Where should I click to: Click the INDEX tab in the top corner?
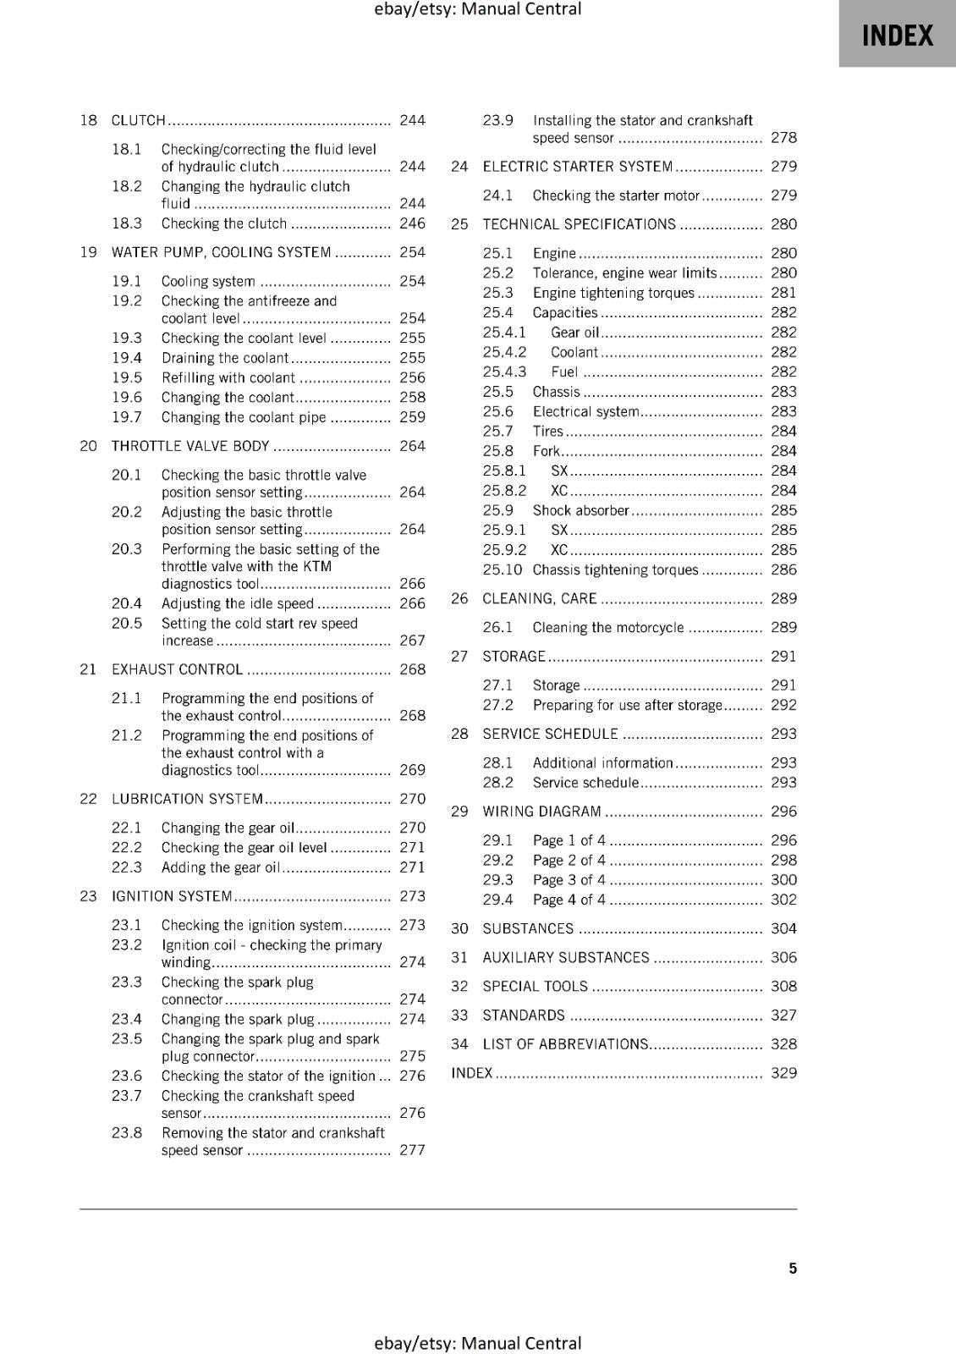(x=897, y=36)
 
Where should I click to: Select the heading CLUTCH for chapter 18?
(x=139, y=120)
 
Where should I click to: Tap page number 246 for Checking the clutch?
(x=412, y=223)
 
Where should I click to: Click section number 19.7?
(x=127, y=417)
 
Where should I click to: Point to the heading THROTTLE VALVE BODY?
(x=190, y=446)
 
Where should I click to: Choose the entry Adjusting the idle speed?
(x=238, y=603)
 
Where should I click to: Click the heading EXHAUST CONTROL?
(x=177, y=669)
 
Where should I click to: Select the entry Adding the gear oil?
(x=220, y=867)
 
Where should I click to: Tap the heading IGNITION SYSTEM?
(x=172, y=896)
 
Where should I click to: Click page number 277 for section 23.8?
(x=412, y=1150)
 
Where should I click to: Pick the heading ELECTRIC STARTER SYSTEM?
(x=578, y=167)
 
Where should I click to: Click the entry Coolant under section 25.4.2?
(x=574, y=352)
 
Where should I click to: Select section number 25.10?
(x=503, y=570)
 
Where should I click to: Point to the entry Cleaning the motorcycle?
(x=608, y=627)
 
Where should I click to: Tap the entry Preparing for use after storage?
(x=627, y=705)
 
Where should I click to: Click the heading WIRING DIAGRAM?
(x=541, y=812)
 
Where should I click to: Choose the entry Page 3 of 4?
(x=569, y=880)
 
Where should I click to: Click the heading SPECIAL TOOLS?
(x=535, y=987)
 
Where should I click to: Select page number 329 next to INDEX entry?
(x=783, y=1073)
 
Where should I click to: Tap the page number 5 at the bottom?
(x=793, y=1268)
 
